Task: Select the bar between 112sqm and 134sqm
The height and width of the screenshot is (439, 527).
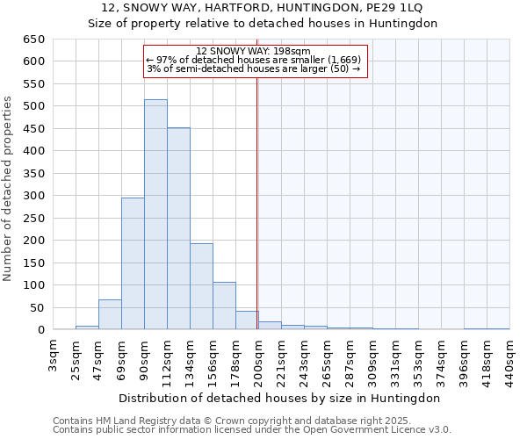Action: pos(178,229)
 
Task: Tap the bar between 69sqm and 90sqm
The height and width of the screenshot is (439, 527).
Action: pos(133,263)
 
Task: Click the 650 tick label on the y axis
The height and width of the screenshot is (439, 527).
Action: pos(33,40)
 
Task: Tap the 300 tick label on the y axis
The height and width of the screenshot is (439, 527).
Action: pos(33,196)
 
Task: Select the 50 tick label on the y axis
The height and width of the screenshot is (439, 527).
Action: pos(37,308)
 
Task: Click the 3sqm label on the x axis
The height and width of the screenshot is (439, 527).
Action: pos(54,353)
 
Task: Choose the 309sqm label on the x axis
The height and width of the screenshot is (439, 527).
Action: pos(373,358)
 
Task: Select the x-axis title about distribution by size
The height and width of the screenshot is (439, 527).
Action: pos(281,398)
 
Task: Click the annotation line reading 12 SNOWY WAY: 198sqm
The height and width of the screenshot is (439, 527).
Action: pos(253,52)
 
